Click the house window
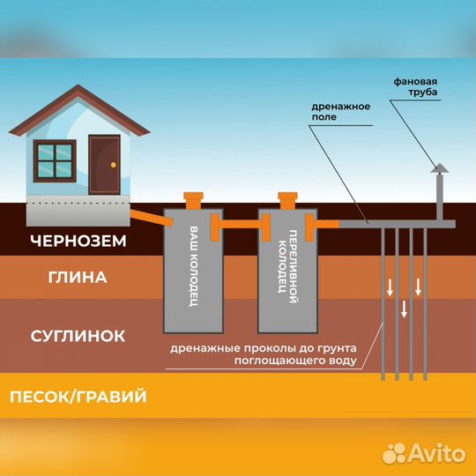coord(55,161)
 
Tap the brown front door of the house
coord(104,165)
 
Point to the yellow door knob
coord(114,165)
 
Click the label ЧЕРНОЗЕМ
coord(78,241)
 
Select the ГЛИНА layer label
coord(78,277)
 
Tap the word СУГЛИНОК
coord(78,336)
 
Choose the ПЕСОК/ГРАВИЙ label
coord(78,397)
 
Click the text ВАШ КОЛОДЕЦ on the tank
coord(194,266)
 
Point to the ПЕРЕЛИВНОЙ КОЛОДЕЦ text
coord(287,266)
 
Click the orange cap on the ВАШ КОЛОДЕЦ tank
coord(193,201)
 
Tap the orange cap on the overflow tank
coord(287,201)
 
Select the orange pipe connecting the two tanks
coord(241,225)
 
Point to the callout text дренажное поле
coord(340,111)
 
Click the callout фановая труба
coord(415,86)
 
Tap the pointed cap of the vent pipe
coord(439,167)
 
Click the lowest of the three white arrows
coord(404,309)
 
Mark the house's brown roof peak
coord(78,86)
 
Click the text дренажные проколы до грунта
coord(264,348)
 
